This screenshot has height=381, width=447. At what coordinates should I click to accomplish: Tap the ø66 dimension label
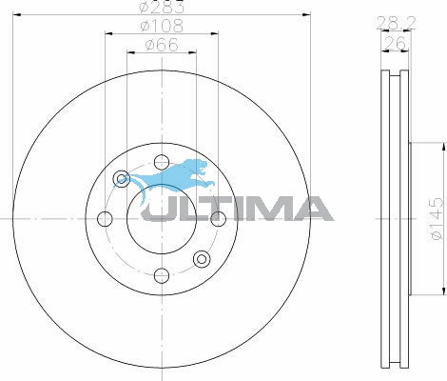click(161, 44)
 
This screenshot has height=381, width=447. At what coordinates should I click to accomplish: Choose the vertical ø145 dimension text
click(433, 218)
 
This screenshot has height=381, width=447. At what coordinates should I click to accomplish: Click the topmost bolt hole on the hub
click(161, 160)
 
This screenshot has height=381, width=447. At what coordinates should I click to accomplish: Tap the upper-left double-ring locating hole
click(121, 178)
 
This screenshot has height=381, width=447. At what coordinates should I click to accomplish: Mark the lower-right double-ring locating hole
click(201, 259)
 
